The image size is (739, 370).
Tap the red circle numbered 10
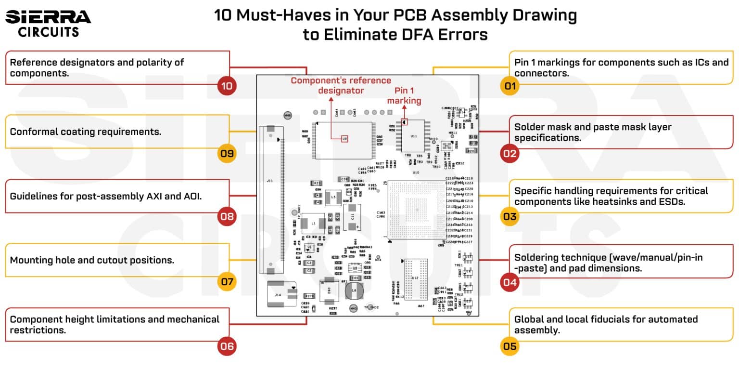227,86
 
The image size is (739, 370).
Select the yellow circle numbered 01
510,86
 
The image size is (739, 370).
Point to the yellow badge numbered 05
510,346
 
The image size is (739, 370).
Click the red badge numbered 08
227,216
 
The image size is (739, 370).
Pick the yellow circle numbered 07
227,281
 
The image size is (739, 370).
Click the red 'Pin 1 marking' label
404,95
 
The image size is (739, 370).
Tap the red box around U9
344,139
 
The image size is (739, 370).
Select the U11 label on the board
414,136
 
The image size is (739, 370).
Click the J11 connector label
269,181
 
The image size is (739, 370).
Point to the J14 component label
278,294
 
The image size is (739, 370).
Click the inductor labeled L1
314,224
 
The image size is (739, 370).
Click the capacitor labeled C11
352,217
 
